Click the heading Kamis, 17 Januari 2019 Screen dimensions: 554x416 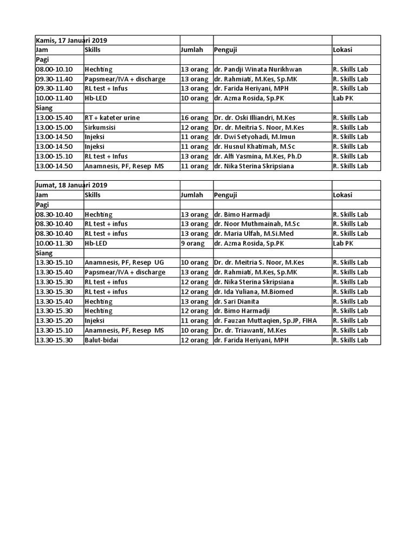coord(71,41)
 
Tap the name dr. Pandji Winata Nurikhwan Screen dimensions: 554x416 coord(257,69)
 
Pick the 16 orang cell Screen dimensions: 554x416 coord(194,118)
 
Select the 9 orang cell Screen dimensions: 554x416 coord(193,243)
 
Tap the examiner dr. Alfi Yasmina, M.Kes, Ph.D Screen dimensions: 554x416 coord(257,156)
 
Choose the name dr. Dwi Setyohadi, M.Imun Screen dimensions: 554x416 coord(253,137)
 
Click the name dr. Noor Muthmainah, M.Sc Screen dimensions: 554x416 coord(257,224)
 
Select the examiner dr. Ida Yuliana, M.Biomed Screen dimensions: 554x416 coord(253,292)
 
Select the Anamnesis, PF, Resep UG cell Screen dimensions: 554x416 coord(124,263)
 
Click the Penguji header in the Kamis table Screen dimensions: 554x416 coord(226,50)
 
